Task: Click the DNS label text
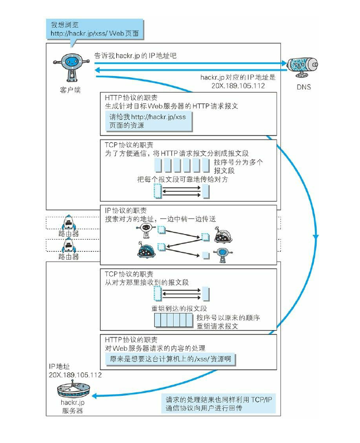point(304,87)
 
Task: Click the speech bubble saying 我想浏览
point(95,29)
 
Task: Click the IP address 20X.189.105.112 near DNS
point(238,86)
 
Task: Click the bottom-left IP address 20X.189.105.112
point(75,375)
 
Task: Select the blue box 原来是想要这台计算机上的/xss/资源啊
point(170,359)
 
